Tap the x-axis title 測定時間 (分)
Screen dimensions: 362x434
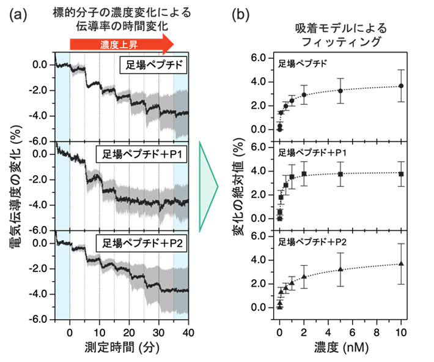(x=121, y=347)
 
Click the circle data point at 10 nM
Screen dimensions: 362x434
(x=401, y=86)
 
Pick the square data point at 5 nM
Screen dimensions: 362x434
(x=340, y=174)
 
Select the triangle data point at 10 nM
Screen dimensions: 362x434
(x=401, y=263)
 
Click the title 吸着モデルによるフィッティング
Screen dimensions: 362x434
(x=340, y=36)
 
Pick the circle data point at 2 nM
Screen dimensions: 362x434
(x=304, y=95)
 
